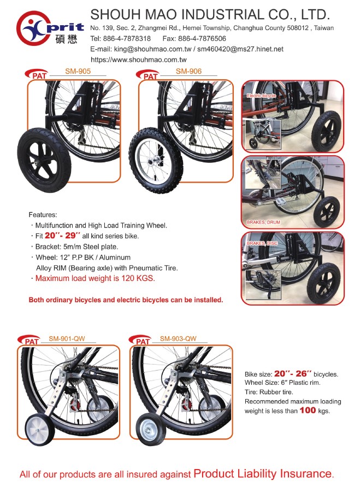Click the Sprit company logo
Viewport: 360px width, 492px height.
(50, 28)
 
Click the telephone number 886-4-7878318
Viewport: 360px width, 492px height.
(127, 39)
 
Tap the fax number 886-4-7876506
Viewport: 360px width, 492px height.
(202, 39)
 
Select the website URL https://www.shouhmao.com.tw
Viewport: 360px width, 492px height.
(139, 60)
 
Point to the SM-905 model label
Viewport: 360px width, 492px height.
(78, 71)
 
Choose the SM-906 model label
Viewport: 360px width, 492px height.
(188, 71)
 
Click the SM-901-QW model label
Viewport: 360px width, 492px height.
(67, 338)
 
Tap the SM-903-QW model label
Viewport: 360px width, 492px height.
(178, 338)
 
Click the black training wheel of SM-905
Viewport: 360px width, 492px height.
(44, 160)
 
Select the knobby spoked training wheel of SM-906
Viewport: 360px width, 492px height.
(156, 160)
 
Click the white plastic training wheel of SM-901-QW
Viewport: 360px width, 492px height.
(40, 429)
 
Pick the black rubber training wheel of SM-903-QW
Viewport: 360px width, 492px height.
(150, 429)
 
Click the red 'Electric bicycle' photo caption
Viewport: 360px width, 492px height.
(262, 96)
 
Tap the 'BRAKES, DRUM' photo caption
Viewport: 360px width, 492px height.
(263, 222)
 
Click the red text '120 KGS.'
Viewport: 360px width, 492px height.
(138, 278)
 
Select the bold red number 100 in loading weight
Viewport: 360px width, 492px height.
(308, 410)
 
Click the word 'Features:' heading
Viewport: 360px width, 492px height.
(43, 215)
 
